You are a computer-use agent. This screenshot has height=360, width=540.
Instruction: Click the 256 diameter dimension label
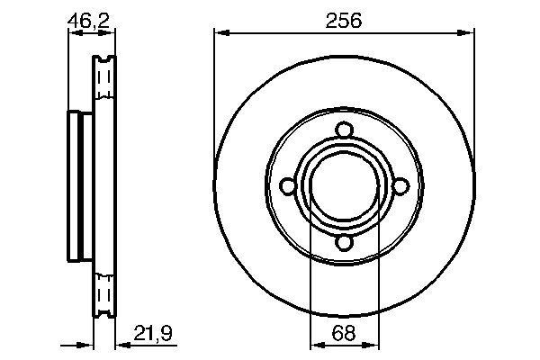344,20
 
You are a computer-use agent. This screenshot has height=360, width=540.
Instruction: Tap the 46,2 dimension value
92,20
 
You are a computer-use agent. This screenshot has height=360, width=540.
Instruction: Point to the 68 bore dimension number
344,334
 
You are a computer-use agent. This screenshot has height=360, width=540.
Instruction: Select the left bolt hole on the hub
288,185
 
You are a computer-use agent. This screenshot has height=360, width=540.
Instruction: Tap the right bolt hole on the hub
401,185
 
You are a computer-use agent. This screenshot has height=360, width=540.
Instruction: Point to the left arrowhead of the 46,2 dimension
74,33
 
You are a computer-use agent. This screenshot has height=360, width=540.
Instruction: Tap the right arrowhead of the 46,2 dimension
112,33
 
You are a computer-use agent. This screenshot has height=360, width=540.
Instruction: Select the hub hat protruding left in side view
77,185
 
